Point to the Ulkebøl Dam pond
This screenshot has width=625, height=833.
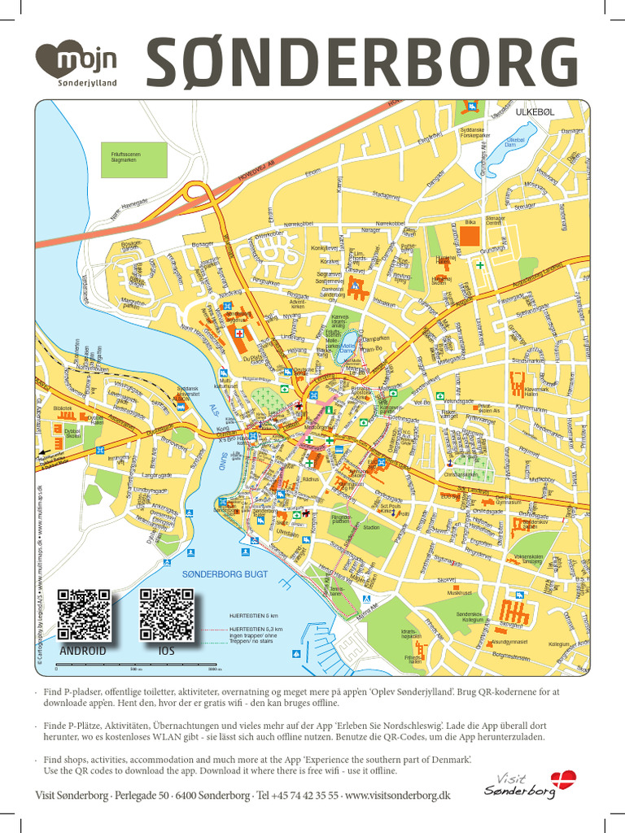tap(518, 140)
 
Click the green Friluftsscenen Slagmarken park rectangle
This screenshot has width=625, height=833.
tap(138, 159)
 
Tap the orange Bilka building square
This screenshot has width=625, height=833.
tap(470, 236)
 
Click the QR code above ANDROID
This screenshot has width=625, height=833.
tap(83, 615)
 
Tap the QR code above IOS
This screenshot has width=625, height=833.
tap(166, 614)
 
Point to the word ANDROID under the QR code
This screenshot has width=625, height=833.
tap(83, 652)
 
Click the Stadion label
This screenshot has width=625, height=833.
tap(371, 527)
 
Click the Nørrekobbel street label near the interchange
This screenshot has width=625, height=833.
tap(299, 225)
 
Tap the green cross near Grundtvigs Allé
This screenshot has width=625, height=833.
tap(480, 265)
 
